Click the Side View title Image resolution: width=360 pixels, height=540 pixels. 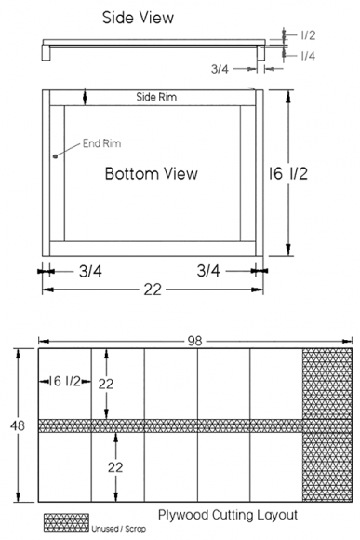[x=138, y=18]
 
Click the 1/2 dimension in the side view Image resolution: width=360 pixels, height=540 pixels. [x=308, y=35]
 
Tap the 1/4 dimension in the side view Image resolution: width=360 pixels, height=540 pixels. [x=308, y=56]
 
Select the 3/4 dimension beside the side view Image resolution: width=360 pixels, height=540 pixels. [x=220, y=69]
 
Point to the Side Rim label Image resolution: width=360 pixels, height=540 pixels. [x=156, y=97]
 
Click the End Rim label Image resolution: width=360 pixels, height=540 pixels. [x=102, y=143]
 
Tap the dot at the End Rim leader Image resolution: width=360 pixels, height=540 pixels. [x=55, y=156]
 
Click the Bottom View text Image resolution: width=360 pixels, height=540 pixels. [x=152, y=173]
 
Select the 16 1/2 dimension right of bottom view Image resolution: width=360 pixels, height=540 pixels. [x=288, y=173]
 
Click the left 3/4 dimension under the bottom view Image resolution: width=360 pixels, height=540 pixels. [x=90, y=271]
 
